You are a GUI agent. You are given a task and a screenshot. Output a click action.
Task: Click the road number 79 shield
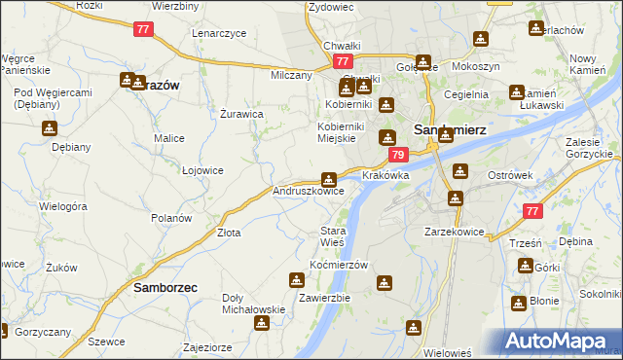398,155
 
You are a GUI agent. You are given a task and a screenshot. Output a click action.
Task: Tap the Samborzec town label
165,289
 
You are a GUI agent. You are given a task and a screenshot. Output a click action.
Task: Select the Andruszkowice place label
308,192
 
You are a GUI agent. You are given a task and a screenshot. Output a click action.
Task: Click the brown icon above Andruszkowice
329,179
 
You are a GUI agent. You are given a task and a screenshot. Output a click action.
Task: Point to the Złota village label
229,234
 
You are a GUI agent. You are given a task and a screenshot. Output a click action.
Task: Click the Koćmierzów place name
338,266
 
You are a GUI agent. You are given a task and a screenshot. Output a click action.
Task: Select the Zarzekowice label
455,233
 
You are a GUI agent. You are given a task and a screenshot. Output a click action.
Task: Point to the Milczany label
291,75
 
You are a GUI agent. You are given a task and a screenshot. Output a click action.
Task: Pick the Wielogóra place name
63,206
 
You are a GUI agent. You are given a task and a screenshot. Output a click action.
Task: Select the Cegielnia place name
465,94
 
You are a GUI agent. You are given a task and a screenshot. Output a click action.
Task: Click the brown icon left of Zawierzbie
296,281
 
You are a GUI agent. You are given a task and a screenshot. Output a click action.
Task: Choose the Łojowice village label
202,170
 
